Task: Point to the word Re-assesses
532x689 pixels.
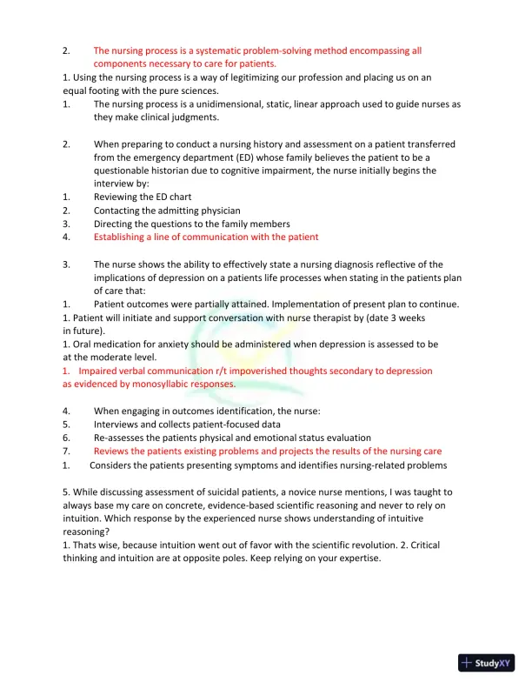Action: pyautogui.click(x=123, y=438)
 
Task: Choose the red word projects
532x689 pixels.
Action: pyautogui.click(x=329, y=451)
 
